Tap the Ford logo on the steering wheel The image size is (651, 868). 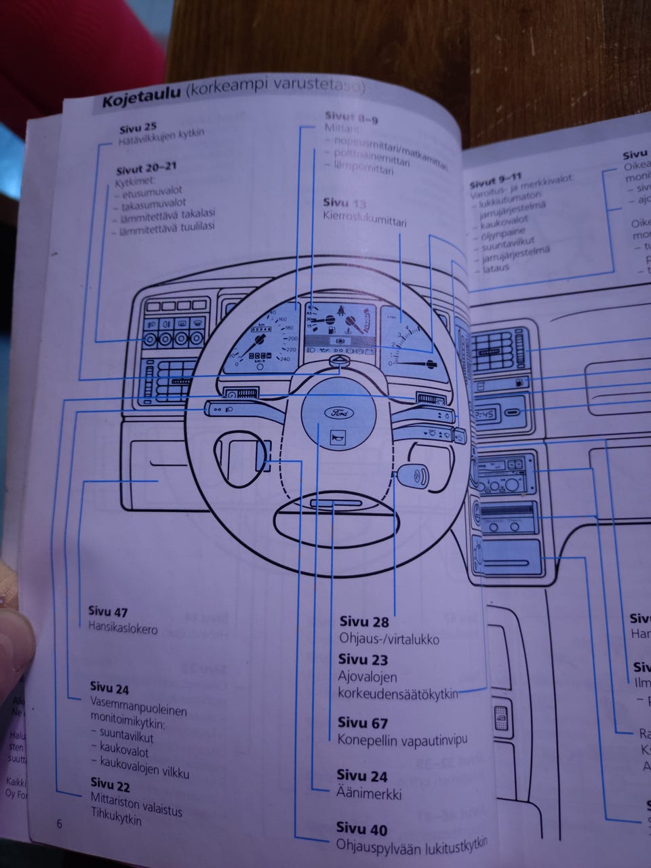(x=337, y=412)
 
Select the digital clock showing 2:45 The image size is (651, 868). (x=486, y=413)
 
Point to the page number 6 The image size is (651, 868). (x=59, y=824)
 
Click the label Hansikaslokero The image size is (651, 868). (x=123, y=629)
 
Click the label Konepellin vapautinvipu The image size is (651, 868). (x=402, y=740)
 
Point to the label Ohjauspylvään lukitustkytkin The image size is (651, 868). (x=412, y=845)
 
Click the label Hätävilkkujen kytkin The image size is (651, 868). (x=161, y=134)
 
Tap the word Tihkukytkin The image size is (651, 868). (x=116, y=819)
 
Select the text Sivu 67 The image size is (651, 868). (x=362, y=723)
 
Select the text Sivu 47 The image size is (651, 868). (x=108, y=612)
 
